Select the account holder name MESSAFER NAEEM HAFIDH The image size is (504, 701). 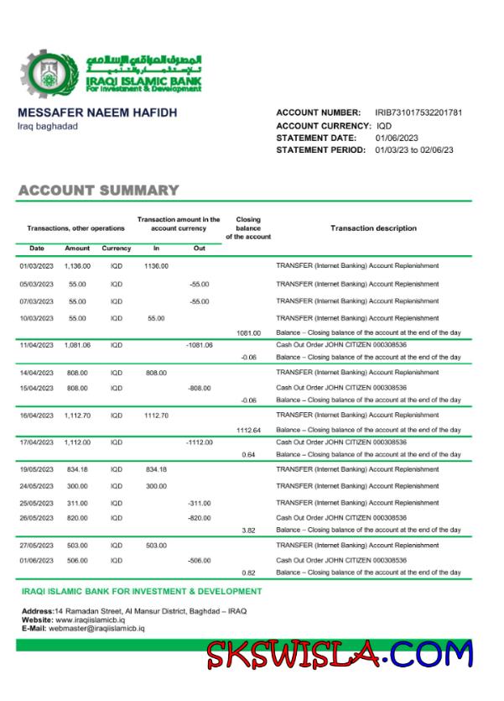[x=97, y=112]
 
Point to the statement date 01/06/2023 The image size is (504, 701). [x=391, y=138]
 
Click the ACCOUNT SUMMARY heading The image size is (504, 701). [x=98, y=191]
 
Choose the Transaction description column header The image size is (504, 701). [x=373, y=228]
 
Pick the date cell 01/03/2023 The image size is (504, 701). [x=37, y=266]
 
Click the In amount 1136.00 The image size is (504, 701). [x=156, y=266]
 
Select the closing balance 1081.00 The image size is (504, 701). [x=249, y=333]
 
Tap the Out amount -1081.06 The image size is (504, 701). [x=199, y=345]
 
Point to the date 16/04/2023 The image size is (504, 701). [x=37, y=415]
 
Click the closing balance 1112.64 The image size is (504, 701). [x=249, y=430]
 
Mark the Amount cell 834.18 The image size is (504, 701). [x=77, y=469]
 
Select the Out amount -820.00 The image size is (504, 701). [x=199, y=518]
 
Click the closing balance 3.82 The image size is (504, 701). [x=248, y=531]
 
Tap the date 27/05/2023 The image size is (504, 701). [x=37, y=546]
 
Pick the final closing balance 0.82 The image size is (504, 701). [x=248, y=573]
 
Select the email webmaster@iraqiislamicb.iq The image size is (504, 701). [x=96, y=628]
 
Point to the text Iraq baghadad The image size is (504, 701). [x=48, y=126]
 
